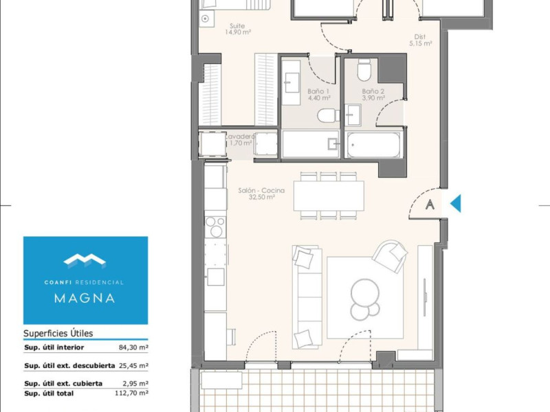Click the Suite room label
point(237,26)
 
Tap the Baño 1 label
point(318,91)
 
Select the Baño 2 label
point(373,91)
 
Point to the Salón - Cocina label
point(261,191)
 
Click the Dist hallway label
point(420,36)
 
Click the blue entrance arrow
point(456,203)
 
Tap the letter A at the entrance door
point(430,204)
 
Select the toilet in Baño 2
point(364,70)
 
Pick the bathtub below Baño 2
point(373,145)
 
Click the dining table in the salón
point(329,196)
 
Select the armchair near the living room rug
point(390,256)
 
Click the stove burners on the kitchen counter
point(215,227)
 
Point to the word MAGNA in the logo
point(85,298)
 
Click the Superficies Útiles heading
point(58,333)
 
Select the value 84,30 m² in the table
point(133,347)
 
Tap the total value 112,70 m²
point(131,393)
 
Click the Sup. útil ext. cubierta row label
point(63,384)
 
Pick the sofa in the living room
point(307,297)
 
